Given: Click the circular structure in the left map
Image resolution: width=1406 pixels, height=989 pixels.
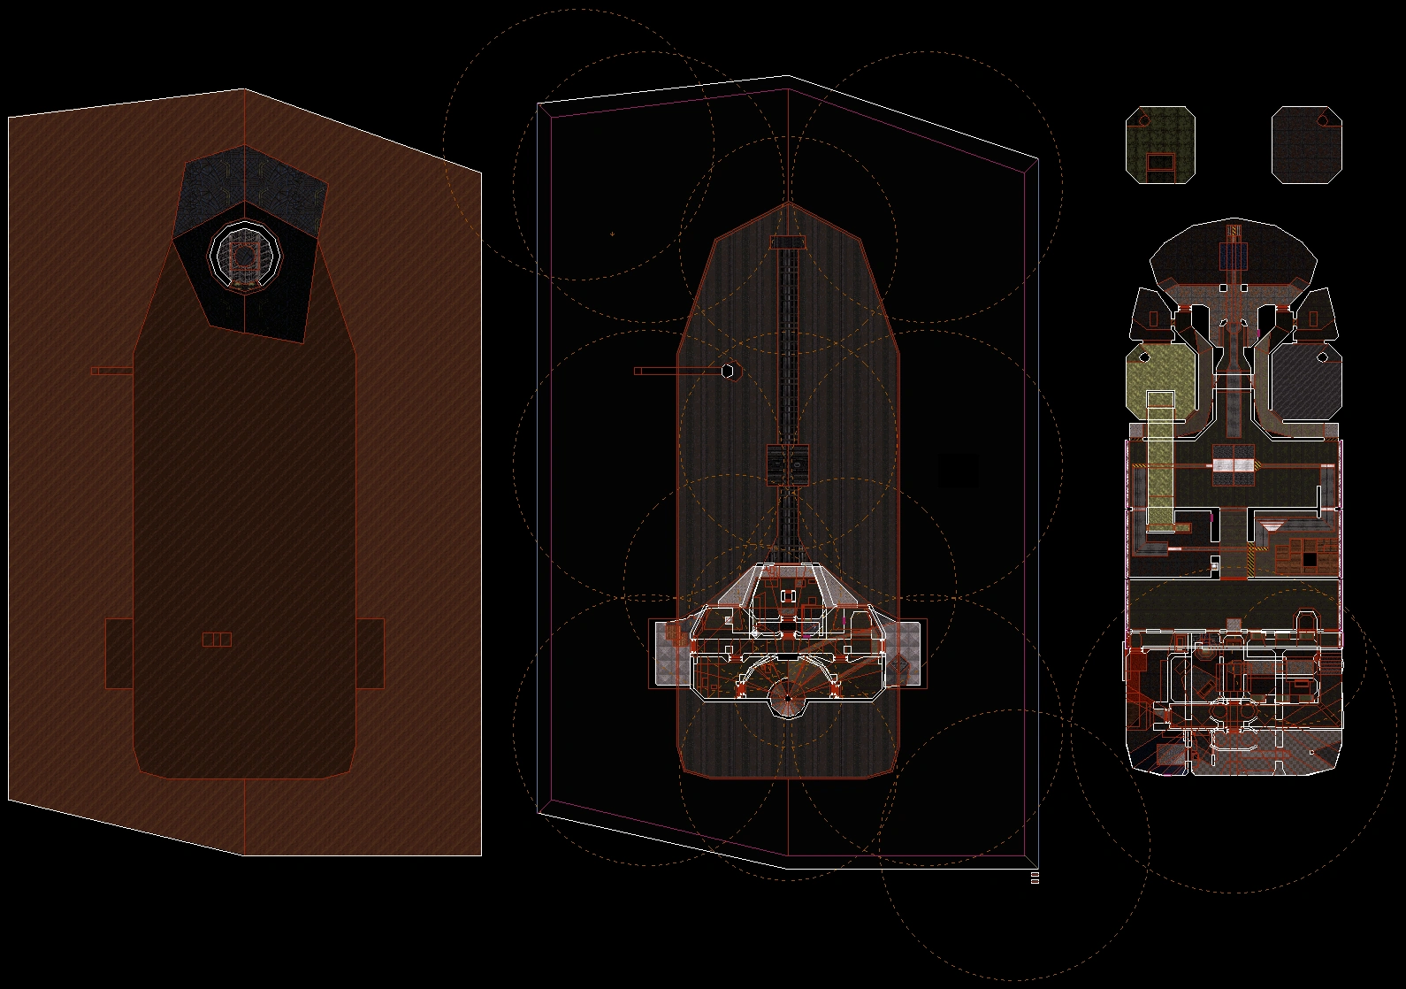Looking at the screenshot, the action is point(243,256).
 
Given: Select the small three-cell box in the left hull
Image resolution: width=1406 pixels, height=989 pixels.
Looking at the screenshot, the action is point(217,640).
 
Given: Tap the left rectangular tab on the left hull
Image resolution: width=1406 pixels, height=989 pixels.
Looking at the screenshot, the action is point(118,653).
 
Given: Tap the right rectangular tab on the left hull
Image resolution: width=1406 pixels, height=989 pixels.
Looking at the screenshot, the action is point(371,653).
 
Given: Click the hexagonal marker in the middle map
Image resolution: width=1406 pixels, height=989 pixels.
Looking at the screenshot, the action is point(728,372).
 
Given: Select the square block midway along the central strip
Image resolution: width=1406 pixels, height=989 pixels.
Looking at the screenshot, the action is point(787,464).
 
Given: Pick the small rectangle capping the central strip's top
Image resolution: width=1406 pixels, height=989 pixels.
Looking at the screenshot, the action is point(787,242).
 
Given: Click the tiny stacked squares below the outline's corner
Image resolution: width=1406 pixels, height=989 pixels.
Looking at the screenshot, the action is point(1035,877).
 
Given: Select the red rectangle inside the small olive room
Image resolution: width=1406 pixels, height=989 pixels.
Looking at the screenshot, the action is point(1160,163).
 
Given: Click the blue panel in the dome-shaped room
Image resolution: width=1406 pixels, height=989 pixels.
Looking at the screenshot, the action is point(1234,256).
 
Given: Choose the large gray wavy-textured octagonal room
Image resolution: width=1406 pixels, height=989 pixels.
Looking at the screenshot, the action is point(1304,380).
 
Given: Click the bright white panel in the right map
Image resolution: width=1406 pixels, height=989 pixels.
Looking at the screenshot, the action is point(1234,464).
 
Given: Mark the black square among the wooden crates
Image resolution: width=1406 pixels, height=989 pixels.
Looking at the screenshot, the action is point(1309,559).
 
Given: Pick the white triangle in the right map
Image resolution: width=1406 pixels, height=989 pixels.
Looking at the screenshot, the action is point(1272,526).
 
